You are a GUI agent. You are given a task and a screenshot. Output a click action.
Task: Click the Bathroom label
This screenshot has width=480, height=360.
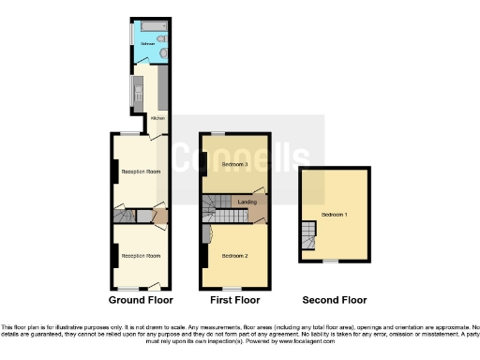[148, 44]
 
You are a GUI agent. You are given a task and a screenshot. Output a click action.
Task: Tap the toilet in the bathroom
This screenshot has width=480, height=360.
[163, 39]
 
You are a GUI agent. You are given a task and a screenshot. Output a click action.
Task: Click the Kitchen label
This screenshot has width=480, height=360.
[157, 118]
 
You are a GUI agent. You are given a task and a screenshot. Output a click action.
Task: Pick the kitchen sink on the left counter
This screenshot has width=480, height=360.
[137, 92]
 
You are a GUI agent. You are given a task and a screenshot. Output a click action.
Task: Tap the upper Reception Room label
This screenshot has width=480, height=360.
[139, 172]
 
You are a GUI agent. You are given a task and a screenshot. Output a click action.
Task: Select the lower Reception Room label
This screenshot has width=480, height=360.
[139, 255]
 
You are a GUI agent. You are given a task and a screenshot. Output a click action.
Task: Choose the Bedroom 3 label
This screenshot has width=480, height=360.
[233, 164]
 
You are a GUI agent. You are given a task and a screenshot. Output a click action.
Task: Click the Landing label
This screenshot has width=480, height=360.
[247, 202]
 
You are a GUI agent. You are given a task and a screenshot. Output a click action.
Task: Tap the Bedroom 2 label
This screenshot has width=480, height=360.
[233, 255]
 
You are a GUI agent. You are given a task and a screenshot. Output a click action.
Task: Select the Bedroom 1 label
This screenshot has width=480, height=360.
[333, 215]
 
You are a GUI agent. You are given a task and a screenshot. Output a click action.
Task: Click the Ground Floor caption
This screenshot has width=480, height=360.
[139, 300]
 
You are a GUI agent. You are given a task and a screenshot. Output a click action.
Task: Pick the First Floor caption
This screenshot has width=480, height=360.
[234, 300]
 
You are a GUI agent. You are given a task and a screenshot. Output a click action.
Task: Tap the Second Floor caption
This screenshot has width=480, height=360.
[334, 300]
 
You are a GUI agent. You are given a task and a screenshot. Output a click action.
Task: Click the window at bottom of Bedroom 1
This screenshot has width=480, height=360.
[331, 261]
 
